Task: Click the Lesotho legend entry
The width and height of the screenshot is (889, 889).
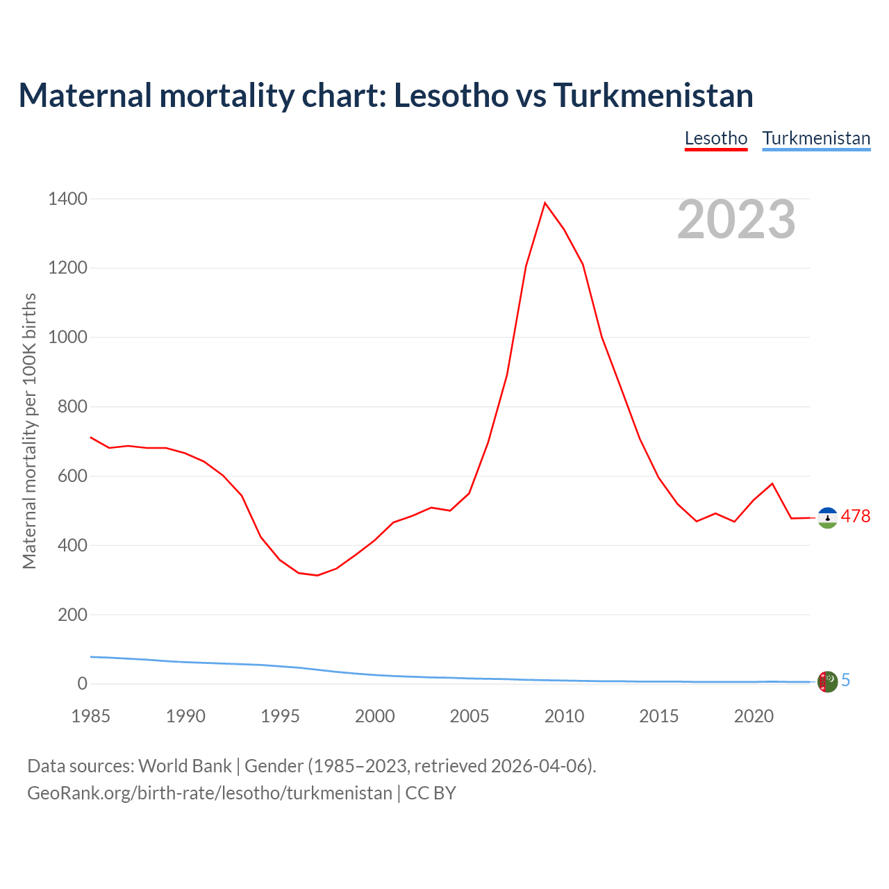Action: click(x=715, y=138)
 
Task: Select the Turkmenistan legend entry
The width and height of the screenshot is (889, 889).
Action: click(x=816, y=138)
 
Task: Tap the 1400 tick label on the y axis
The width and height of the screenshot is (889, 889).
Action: click(x=67, y=199)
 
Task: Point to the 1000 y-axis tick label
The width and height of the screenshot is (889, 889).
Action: click(x=67, y=338)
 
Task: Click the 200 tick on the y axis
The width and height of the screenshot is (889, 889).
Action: click(x=72, y=615)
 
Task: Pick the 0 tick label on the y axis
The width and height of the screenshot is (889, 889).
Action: click(x=83, y=684)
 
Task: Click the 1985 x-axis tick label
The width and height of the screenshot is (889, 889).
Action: click(x=91, y=716)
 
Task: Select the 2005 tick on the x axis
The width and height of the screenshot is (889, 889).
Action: click(x=470, y=716)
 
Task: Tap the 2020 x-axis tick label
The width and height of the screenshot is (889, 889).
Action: click(x=754, y=716)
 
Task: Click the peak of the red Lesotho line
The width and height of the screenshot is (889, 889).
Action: click(x=545, y=203)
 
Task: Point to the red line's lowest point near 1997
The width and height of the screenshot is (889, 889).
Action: click(x=317, y=575)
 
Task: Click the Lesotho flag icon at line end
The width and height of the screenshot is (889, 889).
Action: click(x=827, y=517)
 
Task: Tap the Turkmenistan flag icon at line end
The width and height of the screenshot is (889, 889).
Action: click(x=827, y=681)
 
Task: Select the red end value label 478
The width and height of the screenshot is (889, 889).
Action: click(x=856, y=517)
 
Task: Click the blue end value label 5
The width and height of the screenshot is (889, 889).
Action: click(x=846, y=681)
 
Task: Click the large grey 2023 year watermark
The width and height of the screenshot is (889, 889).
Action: click(x=736, y=219)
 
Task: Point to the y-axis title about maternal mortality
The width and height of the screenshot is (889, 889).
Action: click(x=29, y=431)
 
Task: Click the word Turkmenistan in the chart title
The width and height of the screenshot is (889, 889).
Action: click(x=653, y=95)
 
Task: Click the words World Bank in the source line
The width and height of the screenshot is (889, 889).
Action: click(x=185, y=766)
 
